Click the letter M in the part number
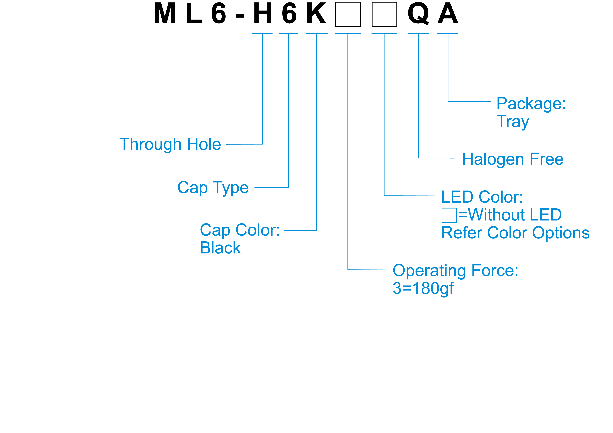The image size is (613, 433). click(165, 13)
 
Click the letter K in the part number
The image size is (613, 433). click(316, 13)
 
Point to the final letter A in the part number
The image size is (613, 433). click(448, 13)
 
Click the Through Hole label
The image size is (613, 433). click(170, 144)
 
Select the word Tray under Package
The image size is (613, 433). click(513, 122)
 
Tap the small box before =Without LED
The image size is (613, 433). click(449, 215)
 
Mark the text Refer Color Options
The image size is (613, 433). click(515, 233)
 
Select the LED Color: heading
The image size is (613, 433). click(482, 197)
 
